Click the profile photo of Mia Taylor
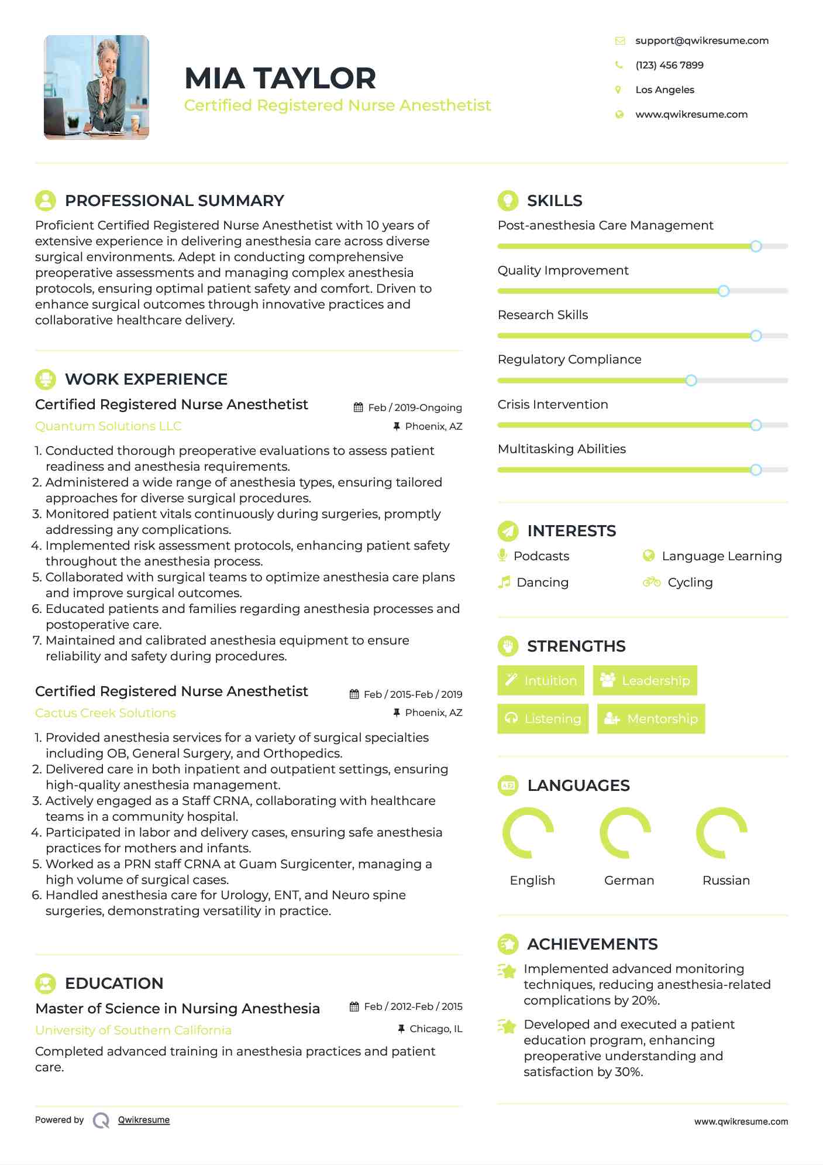click(x=97, y=87)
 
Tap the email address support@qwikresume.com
click(x=701, y=40)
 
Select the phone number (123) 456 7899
click(x=669, y=65)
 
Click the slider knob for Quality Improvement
click(x=724, y=291)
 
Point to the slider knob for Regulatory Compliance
click(x=691, y=381)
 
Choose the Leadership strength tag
click(x=645, y=680)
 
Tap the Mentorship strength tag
click(x=650, y=718)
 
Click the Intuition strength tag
click(x=540, y=680)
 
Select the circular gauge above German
click(x=625, y=832)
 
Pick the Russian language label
click(x=726, y=880)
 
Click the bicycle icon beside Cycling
click(x=651, y=582)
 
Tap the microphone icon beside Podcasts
click(x=502, y=555)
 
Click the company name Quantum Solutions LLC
click(x=108, y=426)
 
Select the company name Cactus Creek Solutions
click(x=105, y=713)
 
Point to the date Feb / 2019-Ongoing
click(x=415, y=407)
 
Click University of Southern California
click(x=133, y=1030)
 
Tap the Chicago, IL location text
click(x=436, y=1029)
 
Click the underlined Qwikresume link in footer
click(x=144, y=1120)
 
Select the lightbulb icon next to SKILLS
click(x=508, y=200)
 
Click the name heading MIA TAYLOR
click(x=280, y=78)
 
